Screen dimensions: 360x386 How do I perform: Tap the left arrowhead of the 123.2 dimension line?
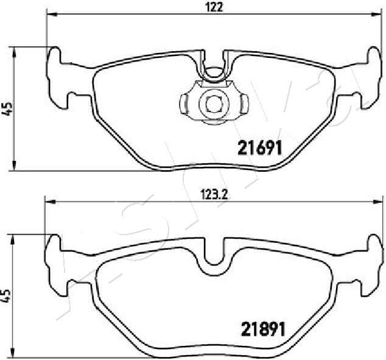pyautogui.click(x=48, y=203)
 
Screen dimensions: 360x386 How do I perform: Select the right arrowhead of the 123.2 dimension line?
pyautogui.click(x=379, y=203)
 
